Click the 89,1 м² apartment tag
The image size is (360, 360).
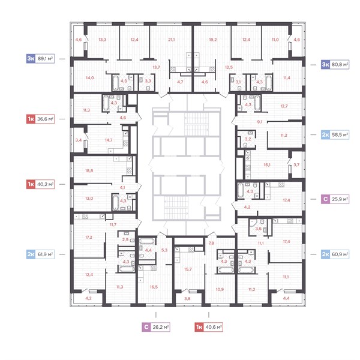point(40,59)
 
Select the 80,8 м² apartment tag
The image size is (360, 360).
point(335,65)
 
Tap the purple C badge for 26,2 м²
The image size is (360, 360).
point(146,327)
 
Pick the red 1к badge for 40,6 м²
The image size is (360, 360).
point(199,327)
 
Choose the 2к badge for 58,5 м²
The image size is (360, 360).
point(326,135)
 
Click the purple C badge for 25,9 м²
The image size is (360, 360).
point(326,199)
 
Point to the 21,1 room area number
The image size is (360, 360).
point(171,40)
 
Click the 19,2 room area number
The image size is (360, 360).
point(213,40)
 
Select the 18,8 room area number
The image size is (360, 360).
point(89,171)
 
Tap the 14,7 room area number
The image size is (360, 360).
point(109,140)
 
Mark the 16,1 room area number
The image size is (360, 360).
point(267,165)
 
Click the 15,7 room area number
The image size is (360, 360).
point(188,269)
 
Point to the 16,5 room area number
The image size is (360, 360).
point(154,287)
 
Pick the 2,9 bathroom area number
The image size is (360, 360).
point(125,240)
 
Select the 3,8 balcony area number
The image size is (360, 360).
point(187,299)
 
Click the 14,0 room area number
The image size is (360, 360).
point(90,78)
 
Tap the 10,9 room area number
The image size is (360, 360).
point(220,290)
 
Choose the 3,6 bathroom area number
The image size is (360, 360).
point(258,229)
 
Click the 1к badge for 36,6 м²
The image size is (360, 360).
point(31,119)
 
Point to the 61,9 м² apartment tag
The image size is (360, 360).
point(40,254)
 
